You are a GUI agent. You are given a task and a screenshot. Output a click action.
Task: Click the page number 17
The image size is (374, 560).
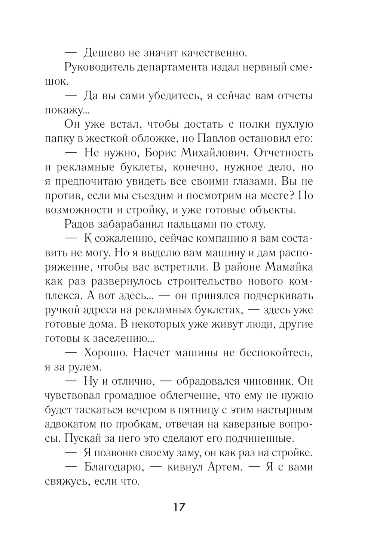coord(179,508)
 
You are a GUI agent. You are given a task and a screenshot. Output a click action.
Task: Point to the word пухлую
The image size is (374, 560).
coord(291,124)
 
